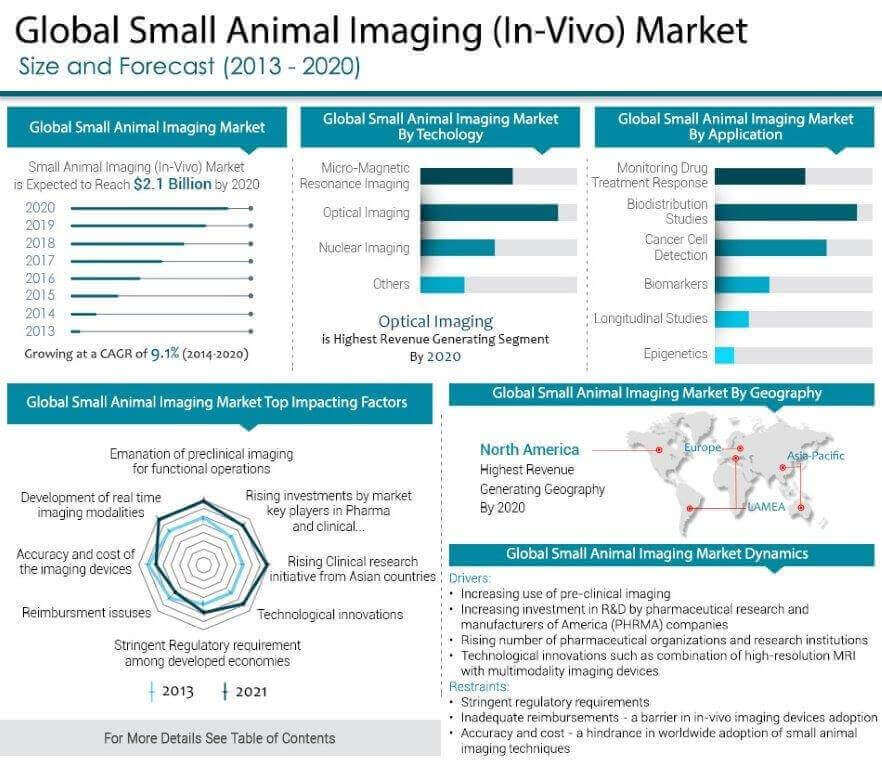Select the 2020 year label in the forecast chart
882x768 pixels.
(40, 208)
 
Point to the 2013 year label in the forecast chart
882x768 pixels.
(40, 331)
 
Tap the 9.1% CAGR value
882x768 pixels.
(164, 353)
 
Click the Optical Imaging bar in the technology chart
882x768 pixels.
(488, 213)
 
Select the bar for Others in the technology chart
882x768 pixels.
(442, 284)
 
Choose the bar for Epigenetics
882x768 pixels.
(725, 354)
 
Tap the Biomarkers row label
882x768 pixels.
(675, 284)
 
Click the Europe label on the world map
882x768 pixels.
(702, 448)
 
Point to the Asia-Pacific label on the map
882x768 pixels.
(815, 456)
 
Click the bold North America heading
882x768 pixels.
(529, 449)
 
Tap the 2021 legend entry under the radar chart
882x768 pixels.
(244, 691)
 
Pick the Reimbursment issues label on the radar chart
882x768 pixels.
(86, 612)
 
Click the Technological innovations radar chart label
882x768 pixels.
(330, 614)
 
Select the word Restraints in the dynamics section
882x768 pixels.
(479, 687)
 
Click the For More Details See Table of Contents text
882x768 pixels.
(219, 738)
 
